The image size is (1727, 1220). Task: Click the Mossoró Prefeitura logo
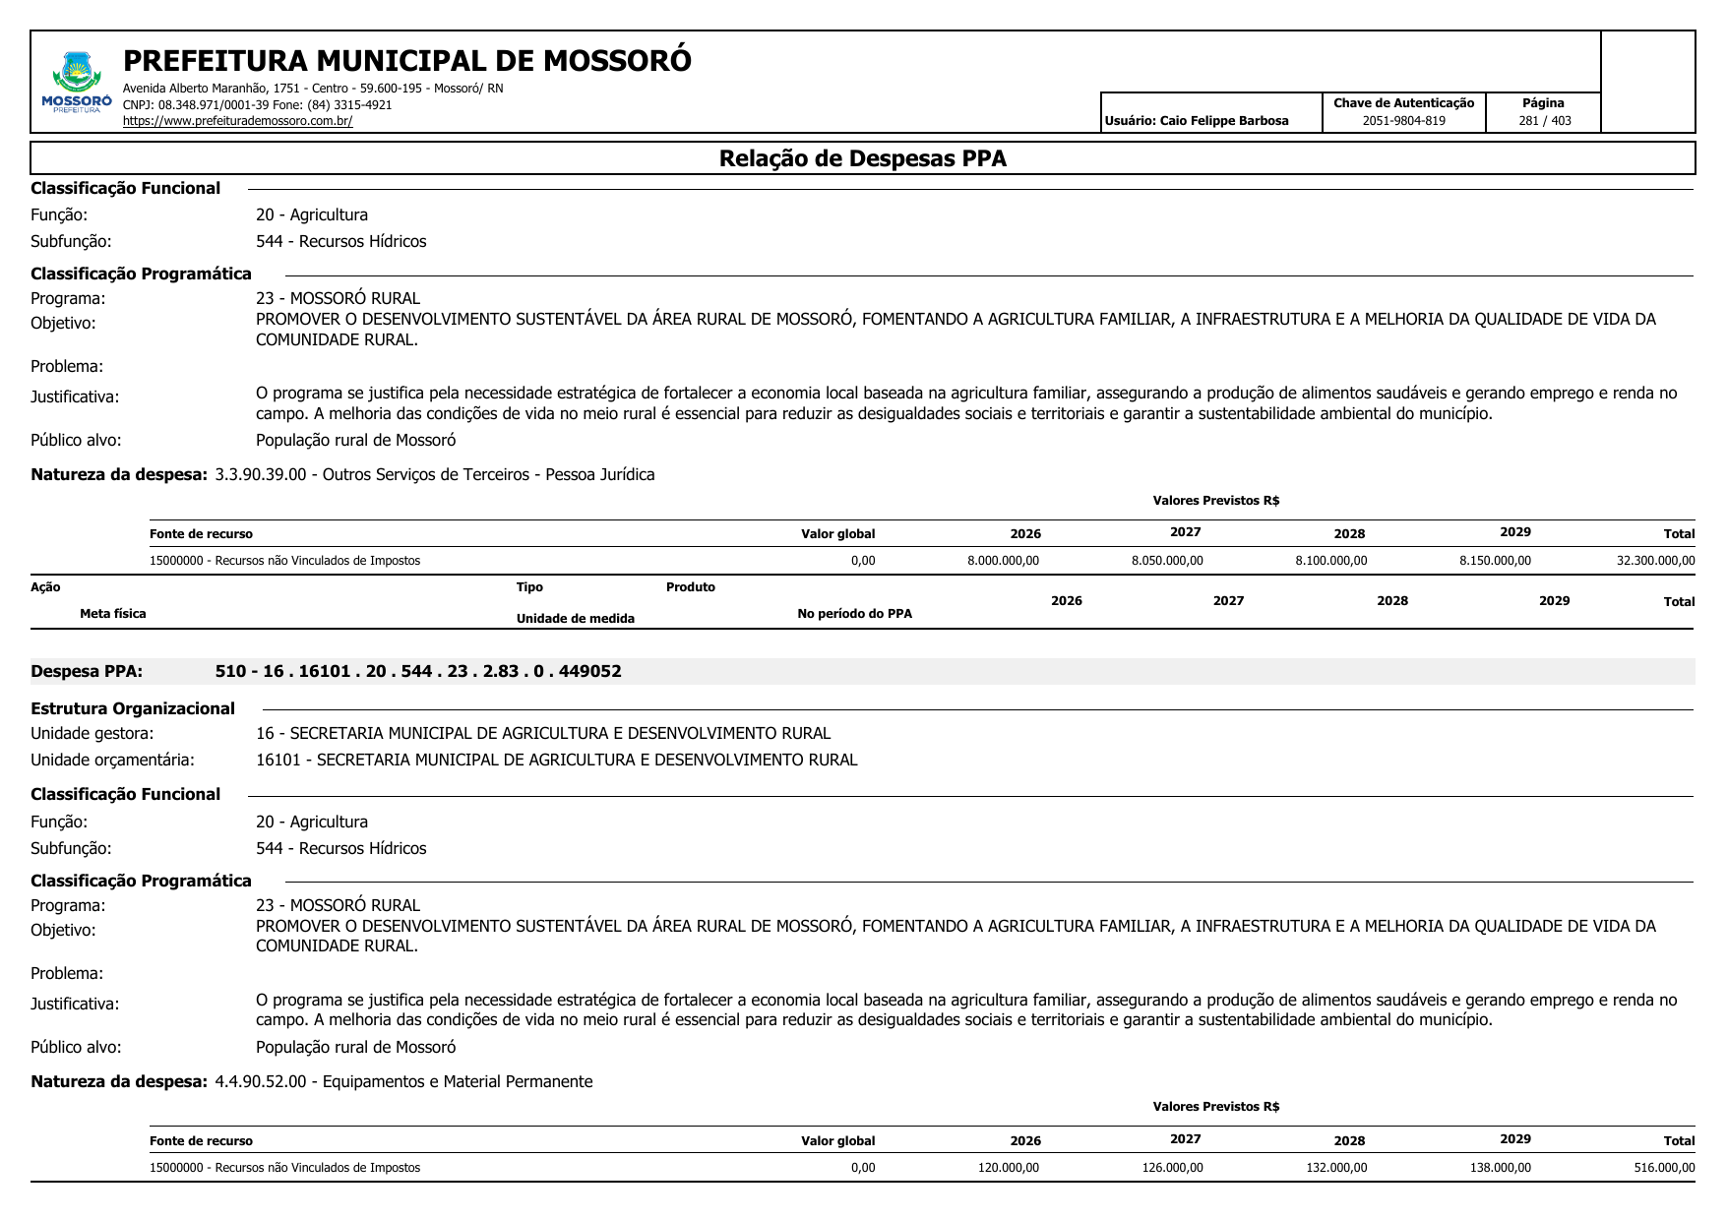click(x=76, y=83)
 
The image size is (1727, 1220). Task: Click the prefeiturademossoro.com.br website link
click(x=237, y=121)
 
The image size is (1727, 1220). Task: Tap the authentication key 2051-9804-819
click(x=1403, y=121)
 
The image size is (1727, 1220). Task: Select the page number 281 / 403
click(x=1544, y=121)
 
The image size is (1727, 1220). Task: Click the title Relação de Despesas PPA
click(x=862, y=158)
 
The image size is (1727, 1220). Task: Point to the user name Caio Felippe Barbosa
click(x=1224, y=121)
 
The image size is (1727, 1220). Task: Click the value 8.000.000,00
click(x=1003, y=561)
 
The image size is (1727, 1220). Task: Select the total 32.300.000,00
click(x=1655, y=561)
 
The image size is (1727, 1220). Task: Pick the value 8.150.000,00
click(x=1495, y=561)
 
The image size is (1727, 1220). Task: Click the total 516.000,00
click(x=1664, y=1168)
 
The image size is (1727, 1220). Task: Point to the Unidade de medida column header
click(x=575, y=619)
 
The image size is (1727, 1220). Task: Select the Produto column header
click(x=690, y=587)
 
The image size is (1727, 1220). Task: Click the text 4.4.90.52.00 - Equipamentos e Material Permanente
click(x=403, y=1082)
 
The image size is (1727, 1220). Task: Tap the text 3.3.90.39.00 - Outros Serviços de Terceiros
click(x=434, y=475)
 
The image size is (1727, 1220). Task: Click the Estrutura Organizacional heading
click(x=133, y=709)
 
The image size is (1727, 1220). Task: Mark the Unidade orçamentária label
click(x=112, y=761)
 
